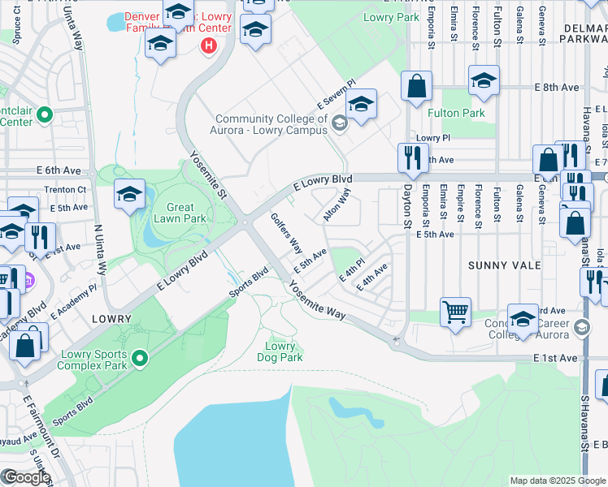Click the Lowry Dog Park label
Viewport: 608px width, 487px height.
click(x=281, y=351)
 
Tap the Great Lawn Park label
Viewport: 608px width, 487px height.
click(x=180, y=213)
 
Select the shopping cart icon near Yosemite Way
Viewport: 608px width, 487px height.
click(x=455, y=311)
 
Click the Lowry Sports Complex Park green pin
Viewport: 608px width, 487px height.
click(x=141, y=358)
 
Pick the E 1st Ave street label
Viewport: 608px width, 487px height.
click(x=555, y=358)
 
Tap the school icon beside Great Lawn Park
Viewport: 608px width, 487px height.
click(x=129, y=195)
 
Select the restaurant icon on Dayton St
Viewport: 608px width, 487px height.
click(x=413, y=157)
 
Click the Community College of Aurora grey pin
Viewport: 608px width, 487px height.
click(x=340, y=123)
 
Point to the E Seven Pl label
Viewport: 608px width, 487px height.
click(x=337, y=94)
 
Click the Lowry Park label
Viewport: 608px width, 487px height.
click(x=391, y=17)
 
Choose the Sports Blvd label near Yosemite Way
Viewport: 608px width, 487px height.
click(x=248, y=282)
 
